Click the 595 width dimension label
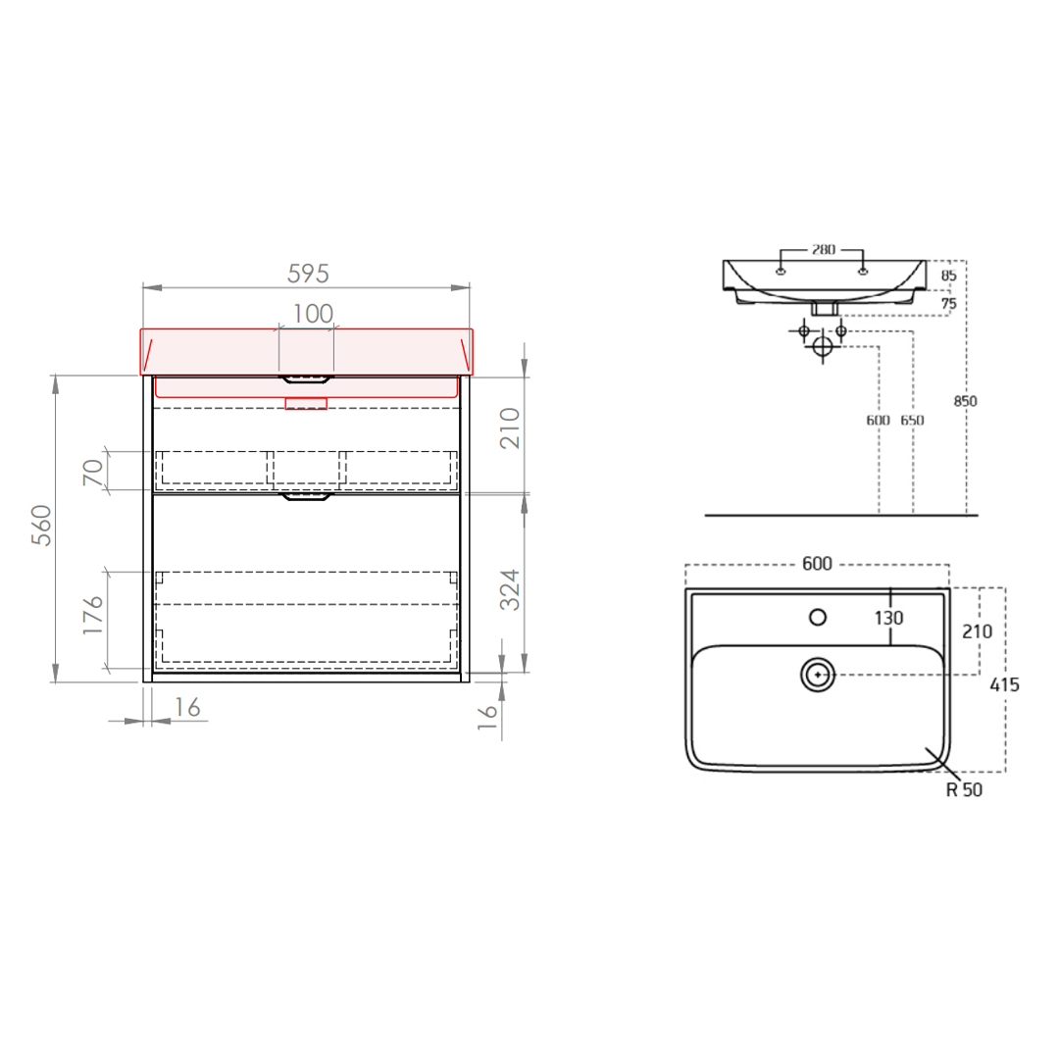coord(308,274)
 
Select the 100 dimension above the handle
coord(313,314)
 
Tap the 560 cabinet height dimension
coord(42,525)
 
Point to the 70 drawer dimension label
coord(93,472)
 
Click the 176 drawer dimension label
coord(93,615)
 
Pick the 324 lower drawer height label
coord(510,589)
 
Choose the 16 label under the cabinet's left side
coord(187,707)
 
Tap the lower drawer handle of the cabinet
coord(307,496)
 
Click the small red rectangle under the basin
coord(306,403)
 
